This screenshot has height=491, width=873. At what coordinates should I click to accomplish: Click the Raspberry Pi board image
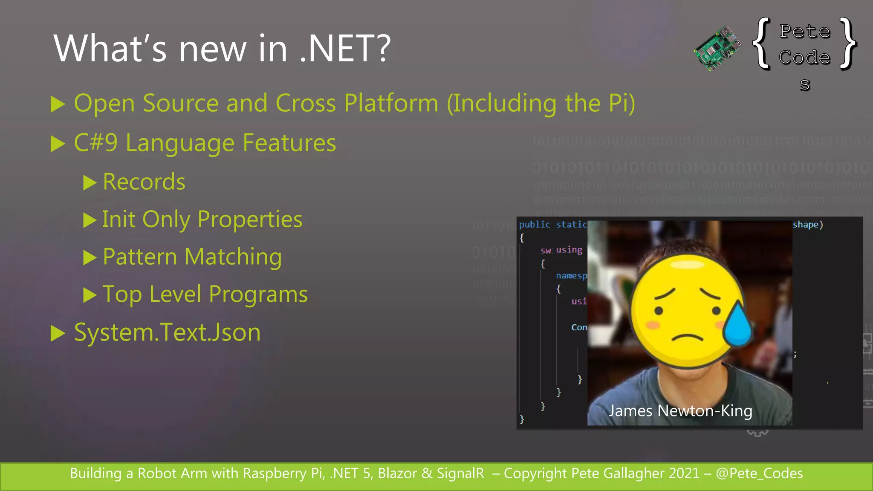[718, 48]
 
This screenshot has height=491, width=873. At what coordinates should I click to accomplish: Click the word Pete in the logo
[805, 31]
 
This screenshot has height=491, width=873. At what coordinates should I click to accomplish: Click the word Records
[144, 182]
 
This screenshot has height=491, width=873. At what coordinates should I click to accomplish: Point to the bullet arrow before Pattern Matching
[90, 257]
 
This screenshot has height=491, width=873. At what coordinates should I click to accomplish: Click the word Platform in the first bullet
[391, 103]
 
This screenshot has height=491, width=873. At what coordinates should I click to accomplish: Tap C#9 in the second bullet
[95, 143]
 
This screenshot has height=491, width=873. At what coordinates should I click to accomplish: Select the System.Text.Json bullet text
[167, 332]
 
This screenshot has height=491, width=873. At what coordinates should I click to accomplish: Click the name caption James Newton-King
[680, 411]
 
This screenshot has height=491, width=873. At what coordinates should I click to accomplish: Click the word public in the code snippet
[535, 225]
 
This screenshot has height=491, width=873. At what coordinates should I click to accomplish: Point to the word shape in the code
[805, 225]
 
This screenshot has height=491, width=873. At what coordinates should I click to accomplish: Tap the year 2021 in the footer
[684, 474]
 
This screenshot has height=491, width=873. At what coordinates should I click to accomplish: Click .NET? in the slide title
[344, 49]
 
